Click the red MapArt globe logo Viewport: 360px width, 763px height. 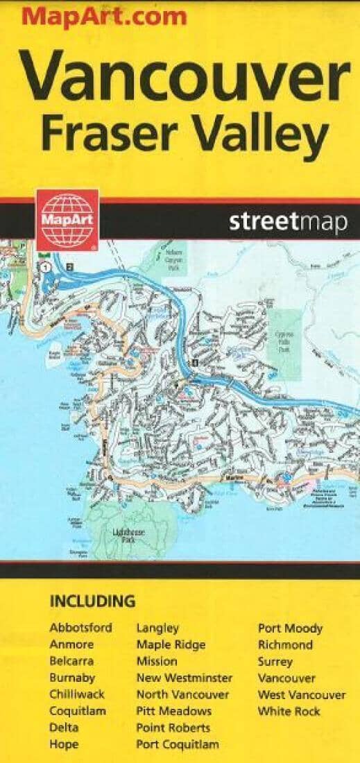pos(67,218)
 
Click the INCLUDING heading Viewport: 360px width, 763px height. pos(92,601)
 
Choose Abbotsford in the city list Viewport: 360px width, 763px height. pos(80,628)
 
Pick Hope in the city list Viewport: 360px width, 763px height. pos(64,744)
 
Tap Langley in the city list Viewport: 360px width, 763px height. pos(157,628)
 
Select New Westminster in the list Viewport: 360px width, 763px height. pos(184,678)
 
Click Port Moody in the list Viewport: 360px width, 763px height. pos(290,628)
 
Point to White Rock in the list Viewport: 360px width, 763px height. pos(289,711)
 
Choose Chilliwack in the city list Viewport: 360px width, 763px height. pos(76,694)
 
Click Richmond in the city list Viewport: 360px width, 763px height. pos(284,645)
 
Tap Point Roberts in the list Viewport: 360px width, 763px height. pos(173,728)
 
